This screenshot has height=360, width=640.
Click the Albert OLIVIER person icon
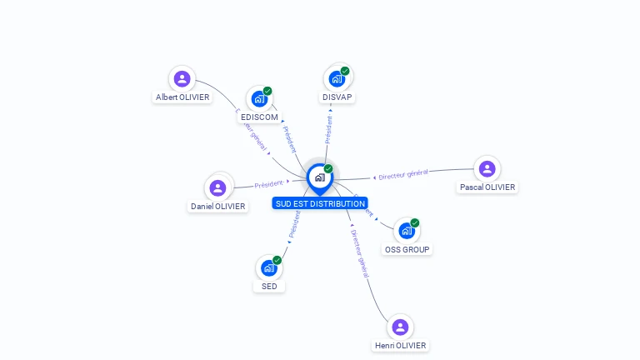point(182,79)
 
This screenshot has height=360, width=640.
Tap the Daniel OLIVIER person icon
point(218,188)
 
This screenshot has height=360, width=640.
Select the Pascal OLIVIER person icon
point(487,169)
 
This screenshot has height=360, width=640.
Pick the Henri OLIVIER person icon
point(400,327)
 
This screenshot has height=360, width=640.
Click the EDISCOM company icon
point(259,99)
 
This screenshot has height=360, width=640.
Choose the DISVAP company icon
point(337,79)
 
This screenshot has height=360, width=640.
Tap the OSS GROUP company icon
point(407,231)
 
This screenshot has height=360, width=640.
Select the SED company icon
point(268,268)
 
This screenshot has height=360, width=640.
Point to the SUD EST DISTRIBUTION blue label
point(320,203)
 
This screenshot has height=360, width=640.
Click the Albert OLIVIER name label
point(182,97)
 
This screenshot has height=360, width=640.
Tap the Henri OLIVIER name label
point(400,346)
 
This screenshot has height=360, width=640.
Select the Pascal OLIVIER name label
point(487,187)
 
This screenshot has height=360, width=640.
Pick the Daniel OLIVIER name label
point(218,207)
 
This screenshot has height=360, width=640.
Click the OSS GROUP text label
point(407,249)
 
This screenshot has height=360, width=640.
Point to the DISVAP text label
point(337,97)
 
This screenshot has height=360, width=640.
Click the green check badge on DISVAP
point(345,71)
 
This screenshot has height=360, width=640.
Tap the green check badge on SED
point(277,260)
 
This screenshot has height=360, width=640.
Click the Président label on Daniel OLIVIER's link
point(269,184)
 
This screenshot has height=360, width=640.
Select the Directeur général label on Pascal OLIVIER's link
point(402,175)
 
